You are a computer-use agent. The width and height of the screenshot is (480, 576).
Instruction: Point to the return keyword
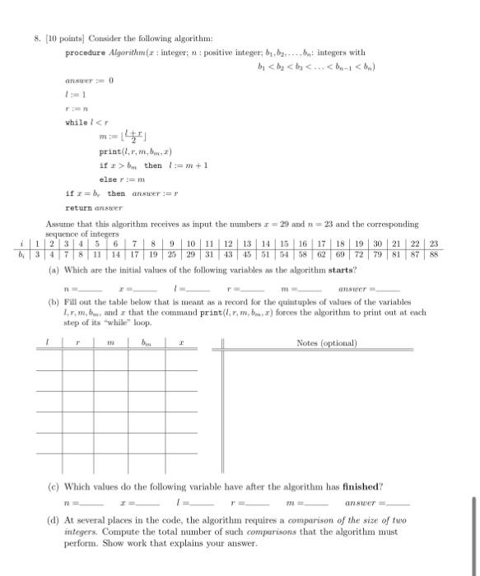82,208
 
